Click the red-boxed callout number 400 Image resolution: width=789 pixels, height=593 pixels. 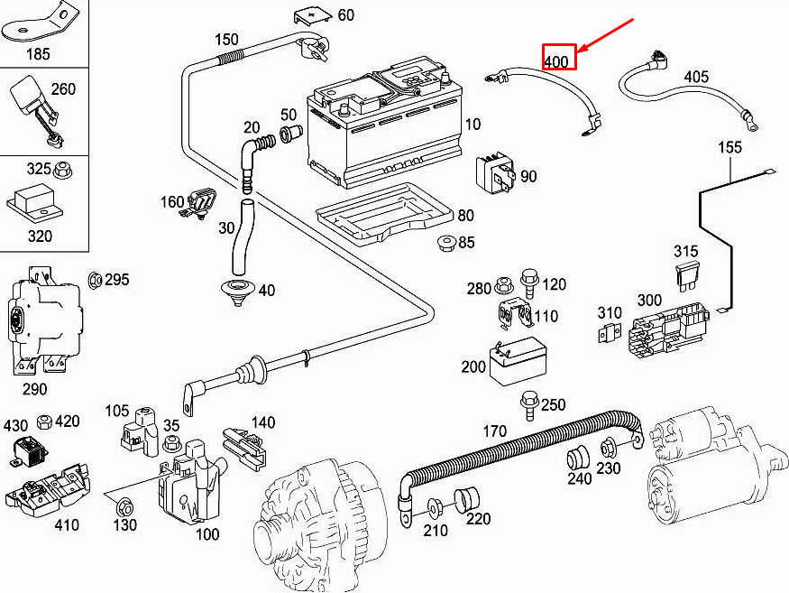tap(556, 61)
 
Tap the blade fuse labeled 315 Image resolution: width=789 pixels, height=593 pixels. tap(686, 275)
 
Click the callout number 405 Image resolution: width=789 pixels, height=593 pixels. tap(696, 77)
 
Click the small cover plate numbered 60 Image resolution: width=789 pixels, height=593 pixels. tap(313, 16)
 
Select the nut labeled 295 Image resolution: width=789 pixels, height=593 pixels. tap(95, 280)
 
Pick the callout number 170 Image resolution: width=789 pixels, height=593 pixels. tap(495, 431)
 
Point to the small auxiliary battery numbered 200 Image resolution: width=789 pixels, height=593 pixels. tap(518, 360)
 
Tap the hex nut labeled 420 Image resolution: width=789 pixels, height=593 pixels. tap(45, 422)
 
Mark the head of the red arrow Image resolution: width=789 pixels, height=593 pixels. tap(579, 51)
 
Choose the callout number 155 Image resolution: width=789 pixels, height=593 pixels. tap(730, 147)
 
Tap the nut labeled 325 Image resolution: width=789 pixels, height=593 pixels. tap(63, 171)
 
